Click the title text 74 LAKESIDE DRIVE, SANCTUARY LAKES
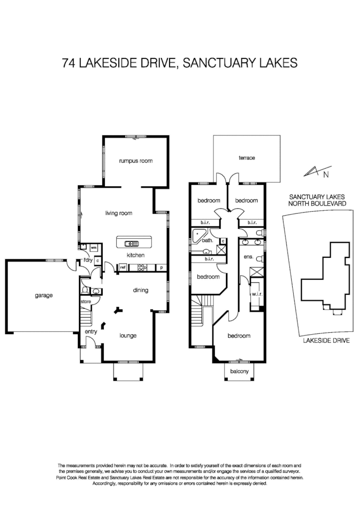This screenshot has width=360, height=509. pyautogui.click(x=180, y=62)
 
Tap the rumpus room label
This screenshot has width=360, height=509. pyautogui.click(x=136, y=161)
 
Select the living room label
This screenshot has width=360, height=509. pyautogui.click(x=119, y=213)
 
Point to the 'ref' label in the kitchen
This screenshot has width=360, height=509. pyautogui.click(x=123, y=267)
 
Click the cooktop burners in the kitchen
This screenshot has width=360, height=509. pyautogui.click(x=142, y=267)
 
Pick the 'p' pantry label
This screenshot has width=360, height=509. pyautogui.click(x=161, y=267)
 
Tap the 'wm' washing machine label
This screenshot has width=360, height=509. pyautogui.click(x=94, y=248)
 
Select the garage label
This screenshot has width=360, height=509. pyautogui.click(x=43, y=295)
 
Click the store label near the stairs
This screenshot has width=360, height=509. pyautogui.click(x=86, y=302)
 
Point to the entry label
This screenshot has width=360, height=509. pyautogui.click(x=91, y=332)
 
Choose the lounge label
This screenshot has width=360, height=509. pyautogui.click(x=128, y=336)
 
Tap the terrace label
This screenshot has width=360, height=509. pyautogui.click(x=247, y=158)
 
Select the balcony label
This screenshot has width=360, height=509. pyautogui.click(x=239, y=371)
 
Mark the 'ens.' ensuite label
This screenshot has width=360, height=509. pyautogui.click(x=248, y=257)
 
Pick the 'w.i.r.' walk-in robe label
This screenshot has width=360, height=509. pyautogui.click(x=255, y=293)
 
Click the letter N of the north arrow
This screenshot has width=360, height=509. pyautogui.click(x=326, y=175)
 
